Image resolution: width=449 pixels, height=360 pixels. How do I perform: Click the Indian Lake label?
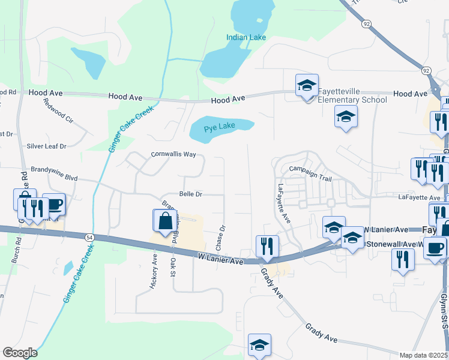[x=246, y=37]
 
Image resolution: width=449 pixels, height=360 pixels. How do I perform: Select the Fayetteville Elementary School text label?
[x=352, y=95]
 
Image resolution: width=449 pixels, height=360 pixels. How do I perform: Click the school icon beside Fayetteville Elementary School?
[x=307, y=86]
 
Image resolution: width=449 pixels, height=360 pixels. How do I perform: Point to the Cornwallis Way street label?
[x=173, y=154]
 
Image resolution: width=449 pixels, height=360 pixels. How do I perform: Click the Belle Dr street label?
[x=191, y=194]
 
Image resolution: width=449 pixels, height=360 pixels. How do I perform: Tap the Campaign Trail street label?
[x=310, y=170]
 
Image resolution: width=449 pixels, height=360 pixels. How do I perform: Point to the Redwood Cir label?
[x=58, y=110]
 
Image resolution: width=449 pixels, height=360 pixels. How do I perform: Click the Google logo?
[x=20, y=353]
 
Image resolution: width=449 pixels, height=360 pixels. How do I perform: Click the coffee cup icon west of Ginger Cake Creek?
[x=54, y=204]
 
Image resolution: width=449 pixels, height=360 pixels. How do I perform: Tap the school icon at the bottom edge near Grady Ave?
[x=260, y=345]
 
